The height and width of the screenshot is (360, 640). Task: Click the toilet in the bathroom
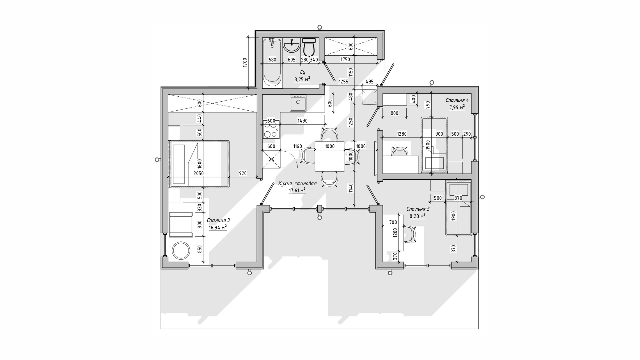point(309,47)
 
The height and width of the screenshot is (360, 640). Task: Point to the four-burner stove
point(271,130)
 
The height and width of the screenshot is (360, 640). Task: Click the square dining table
point(330,156)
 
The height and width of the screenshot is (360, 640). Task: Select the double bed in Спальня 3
point(199,164)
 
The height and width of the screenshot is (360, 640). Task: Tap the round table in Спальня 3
point(181,250)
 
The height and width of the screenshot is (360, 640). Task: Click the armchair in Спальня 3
point(181,224)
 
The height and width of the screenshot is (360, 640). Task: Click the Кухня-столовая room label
point(297,184)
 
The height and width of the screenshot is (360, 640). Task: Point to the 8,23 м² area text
point(417,216)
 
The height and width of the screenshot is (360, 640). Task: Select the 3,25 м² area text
point(302,79)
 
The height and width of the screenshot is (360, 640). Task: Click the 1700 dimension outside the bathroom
point(245,63)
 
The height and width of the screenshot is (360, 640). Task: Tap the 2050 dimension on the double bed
point(198,173)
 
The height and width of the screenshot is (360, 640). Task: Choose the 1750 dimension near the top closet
point(345,60)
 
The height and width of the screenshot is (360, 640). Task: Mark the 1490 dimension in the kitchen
point(302,121)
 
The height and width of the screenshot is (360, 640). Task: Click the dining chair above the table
point(329,134)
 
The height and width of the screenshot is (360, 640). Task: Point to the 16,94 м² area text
point(218,228)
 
